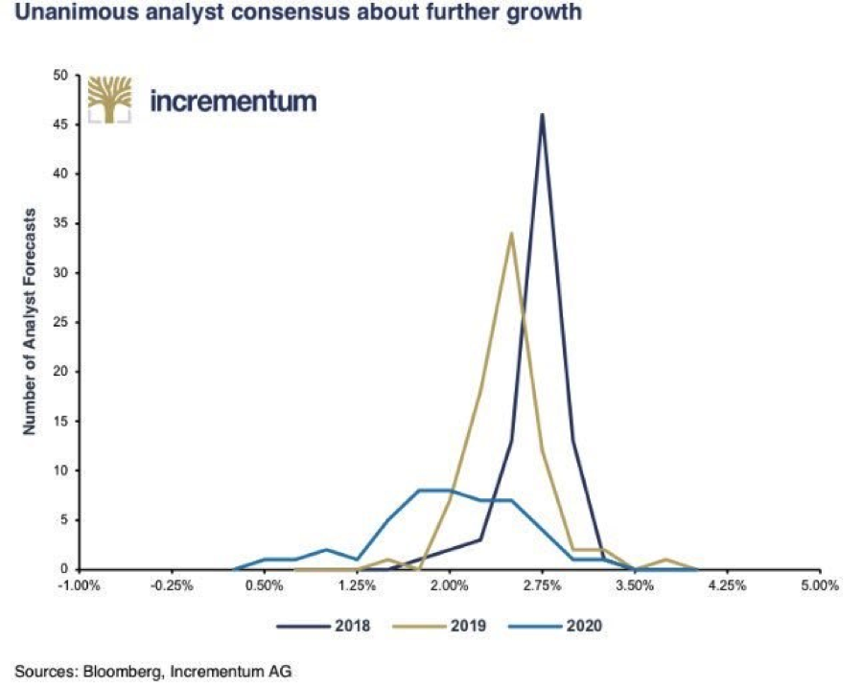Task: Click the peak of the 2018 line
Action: click(543, 115)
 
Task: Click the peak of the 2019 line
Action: click(512, 233)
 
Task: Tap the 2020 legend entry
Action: click(560, 627)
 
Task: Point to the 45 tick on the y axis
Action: click(58, 125)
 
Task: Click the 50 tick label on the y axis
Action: click(58, 75)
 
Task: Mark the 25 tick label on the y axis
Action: click(58, 322)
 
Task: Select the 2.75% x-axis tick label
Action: click(542, 585)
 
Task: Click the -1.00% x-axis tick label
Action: click(76, 585)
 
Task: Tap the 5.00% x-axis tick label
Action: click(821, 585)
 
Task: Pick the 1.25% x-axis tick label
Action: click(356, 585)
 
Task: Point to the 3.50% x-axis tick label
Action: click(635, 585)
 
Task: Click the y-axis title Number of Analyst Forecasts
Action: click(30, 321)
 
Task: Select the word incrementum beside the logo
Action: click(233, 101)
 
